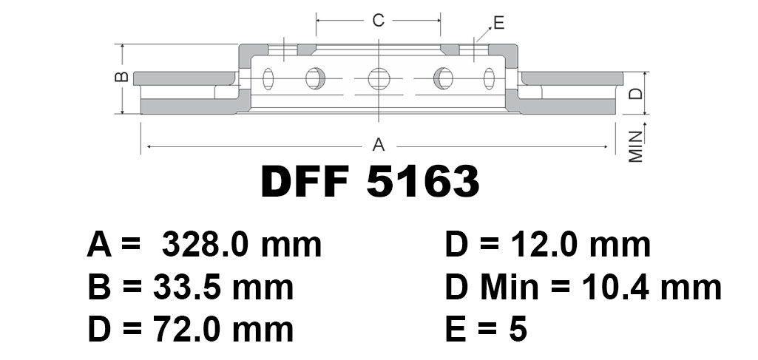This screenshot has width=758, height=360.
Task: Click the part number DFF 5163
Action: (x=370, y=181)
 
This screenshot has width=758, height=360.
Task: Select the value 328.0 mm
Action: (x=242, y=245)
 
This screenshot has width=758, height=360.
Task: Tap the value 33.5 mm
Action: (x=223, y=287)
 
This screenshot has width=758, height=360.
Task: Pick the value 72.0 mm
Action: (x=223, y=330)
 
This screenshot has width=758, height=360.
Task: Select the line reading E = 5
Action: (x=487, y=330)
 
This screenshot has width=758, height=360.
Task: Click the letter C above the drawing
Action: (x=378, y=20)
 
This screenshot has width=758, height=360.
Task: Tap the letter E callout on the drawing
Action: (x=498, y=23)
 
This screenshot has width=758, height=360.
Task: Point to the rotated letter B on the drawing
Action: (x=123, y=76)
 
